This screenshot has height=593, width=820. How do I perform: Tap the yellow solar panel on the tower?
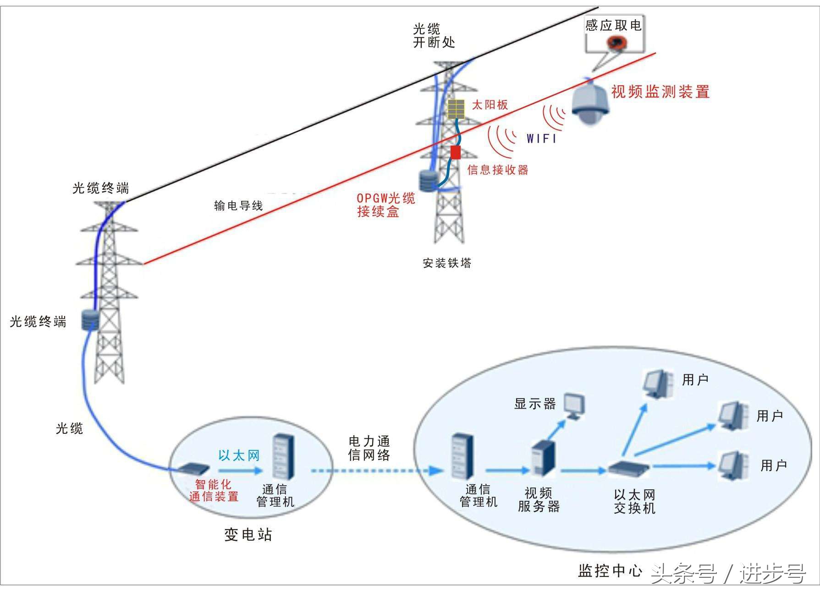(x=456, y=109)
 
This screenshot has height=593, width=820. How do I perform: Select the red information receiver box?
(x=455, y=152)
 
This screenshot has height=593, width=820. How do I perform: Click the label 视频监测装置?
(x=660, y=92)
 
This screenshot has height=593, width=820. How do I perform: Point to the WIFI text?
(x=541, y=139)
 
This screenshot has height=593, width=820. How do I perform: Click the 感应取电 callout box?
(x=614, y=34)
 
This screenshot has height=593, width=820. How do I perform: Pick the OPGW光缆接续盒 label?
(x=385, y=205)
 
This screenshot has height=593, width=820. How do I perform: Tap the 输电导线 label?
(x=238, y=206)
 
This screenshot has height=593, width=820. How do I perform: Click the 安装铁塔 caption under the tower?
(x=447, y=263)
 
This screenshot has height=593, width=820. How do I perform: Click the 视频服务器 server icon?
(x=544, y=459)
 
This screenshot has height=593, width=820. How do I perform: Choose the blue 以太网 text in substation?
(x=239, y=455)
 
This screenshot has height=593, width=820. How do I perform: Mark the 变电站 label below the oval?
(x=248, y=535)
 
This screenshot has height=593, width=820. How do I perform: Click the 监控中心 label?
(x=610, y=571)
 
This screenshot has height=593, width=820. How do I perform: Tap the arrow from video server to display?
(x=556, y=431)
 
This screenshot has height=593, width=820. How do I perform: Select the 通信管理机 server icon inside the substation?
(x=283, y=457)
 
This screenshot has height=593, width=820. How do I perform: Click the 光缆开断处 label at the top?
(x=434, y=36)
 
